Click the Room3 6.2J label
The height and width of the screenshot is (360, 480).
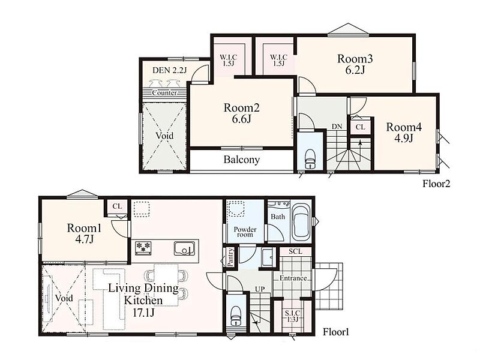click(x=355, y=64)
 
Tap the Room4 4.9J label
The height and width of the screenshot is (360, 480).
click(x=404, y=133)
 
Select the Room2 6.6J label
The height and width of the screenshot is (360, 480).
click(x=242, y=113)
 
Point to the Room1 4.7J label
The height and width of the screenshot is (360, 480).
click(x=84, y=233)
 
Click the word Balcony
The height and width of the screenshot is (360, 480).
click(x=242, y=160)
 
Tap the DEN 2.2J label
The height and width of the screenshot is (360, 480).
click(x=169, y=70)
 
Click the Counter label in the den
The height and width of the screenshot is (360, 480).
click(x=164, y=93)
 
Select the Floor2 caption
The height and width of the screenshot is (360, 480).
click(x=436, y=184)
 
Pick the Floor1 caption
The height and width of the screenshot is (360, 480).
click(x=336, y=332)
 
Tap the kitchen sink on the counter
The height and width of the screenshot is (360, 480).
click(x=184, y=248)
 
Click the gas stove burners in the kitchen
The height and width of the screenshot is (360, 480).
click(x=143, y=247)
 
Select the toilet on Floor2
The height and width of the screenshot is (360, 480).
click(x=310, y=159)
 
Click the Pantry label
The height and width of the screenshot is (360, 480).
click(x=231, y=257)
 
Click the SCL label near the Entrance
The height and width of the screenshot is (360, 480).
click(x=295, y=251)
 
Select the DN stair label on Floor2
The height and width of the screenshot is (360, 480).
click(x=337, y=127)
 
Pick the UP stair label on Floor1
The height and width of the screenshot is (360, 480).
click(x=260, y=289)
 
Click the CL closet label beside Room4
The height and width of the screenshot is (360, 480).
click(x=361, y=127)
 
